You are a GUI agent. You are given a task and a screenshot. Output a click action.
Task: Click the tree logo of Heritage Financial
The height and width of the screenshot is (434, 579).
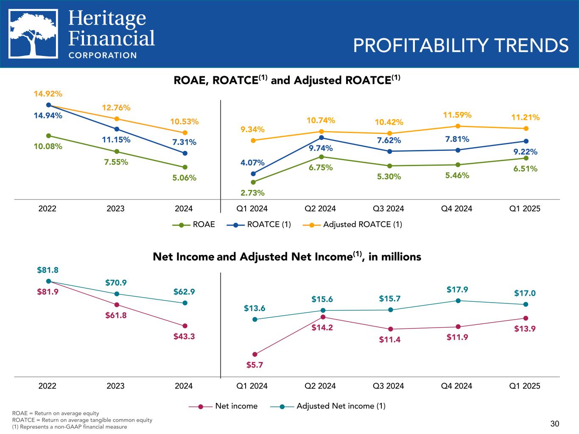[34, 34]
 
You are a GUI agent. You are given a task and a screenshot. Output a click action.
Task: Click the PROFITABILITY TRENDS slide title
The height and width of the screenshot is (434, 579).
[460, 45]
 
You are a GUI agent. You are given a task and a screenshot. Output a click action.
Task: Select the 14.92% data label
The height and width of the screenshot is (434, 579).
[48, 93]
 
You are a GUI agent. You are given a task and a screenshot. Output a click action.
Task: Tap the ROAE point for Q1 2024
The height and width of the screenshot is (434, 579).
[253, 182]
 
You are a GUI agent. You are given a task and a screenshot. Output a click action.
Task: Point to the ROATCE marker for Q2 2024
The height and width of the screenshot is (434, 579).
[322, 137]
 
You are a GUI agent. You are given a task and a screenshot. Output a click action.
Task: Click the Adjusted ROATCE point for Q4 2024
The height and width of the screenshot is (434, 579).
[458, 126]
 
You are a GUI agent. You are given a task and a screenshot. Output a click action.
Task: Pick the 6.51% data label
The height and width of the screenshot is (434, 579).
[526, 169]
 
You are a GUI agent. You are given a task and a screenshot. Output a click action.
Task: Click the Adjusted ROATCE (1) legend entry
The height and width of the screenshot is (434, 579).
[352, 225]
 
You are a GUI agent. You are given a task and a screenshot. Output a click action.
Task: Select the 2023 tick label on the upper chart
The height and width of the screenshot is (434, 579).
[115, 209]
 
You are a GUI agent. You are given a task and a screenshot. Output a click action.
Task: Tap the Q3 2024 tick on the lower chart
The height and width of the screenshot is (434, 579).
[388, 386]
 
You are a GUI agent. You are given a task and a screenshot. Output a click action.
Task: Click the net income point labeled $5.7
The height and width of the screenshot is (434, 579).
[255, 354]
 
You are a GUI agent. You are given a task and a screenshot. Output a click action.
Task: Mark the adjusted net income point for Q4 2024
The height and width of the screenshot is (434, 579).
[458, 300]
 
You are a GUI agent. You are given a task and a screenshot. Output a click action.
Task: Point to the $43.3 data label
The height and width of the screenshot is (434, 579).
[185, 337]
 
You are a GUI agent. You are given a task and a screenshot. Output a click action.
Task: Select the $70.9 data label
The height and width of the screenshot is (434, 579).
[116, 282]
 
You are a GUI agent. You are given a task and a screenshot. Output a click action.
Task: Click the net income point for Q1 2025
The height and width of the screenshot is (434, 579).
[526, 318]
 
